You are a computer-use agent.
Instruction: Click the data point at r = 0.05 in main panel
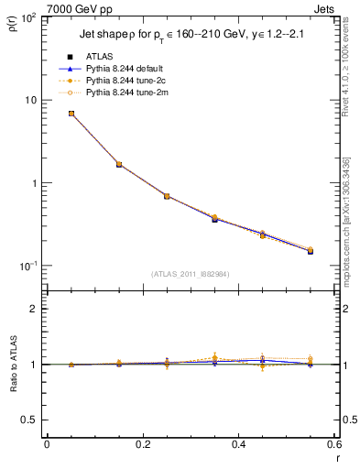71,114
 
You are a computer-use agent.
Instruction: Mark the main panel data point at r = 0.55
311,250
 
